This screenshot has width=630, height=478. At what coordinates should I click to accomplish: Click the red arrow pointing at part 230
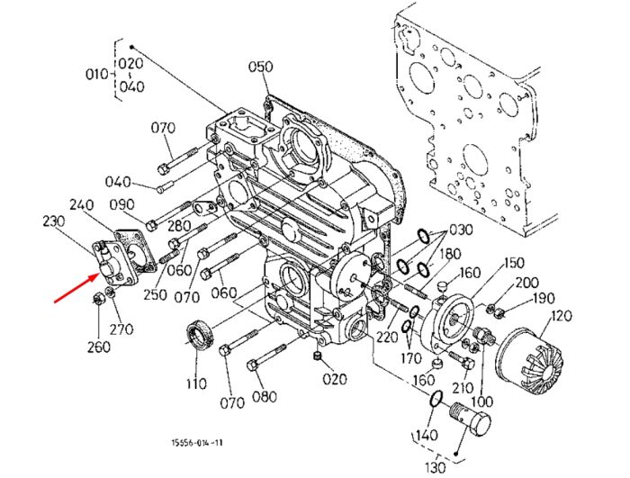[76, 287]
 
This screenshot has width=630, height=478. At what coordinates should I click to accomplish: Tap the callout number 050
[260, 67]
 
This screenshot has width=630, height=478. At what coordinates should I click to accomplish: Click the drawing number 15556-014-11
[197, 443]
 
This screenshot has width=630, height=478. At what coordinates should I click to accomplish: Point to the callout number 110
[196, 383]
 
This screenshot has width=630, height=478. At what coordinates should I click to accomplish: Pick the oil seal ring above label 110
[200, 335]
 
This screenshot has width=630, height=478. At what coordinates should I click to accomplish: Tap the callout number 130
[435, 467]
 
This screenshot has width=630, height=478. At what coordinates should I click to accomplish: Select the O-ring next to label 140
[436, 398]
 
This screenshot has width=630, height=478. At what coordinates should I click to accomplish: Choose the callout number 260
[99, 347]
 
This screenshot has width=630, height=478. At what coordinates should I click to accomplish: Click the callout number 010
[97, 75]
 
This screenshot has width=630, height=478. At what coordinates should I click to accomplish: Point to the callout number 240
[81, 204]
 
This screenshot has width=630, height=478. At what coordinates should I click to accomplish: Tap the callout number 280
[179, 226]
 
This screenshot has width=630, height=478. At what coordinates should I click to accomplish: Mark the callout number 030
[461, 230]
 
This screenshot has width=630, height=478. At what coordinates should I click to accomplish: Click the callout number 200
[526, 283]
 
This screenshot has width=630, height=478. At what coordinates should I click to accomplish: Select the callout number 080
[265, 397]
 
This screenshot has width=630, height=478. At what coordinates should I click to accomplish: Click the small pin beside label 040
[165, 187]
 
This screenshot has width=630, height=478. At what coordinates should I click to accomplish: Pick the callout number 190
[544, 298]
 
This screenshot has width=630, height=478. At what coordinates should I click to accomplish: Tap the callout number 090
[121, 204]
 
